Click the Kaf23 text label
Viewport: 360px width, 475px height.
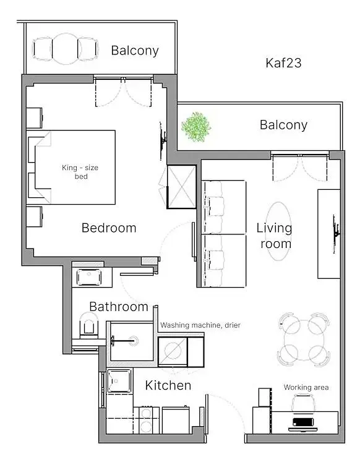283,62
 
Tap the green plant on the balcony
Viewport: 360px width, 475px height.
196,126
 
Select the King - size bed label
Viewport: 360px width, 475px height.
79,172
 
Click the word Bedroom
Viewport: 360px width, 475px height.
109,228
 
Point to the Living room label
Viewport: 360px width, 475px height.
274,236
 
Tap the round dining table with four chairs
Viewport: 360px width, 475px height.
302,337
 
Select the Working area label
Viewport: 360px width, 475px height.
306,388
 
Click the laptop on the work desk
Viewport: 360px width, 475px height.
303,424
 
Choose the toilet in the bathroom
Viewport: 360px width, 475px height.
88,324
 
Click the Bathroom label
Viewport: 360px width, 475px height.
119,307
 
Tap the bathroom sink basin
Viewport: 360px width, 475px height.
89,276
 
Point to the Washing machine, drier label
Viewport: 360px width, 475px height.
200,325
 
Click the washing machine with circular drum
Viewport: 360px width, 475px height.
174,352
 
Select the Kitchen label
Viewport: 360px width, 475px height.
168,386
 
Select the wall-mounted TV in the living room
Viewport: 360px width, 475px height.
336,228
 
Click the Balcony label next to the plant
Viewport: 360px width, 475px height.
283,125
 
